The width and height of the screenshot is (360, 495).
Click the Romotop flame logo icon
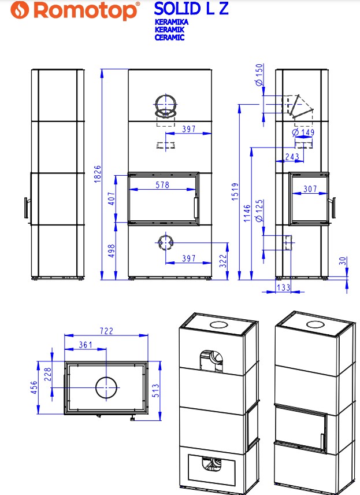click(x=20, y=10)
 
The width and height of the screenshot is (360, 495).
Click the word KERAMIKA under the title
click(x=171, y=22)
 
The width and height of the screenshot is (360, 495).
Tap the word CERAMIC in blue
click(x=169, y=37)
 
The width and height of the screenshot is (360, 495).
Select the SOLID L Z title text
click(x=191, y=9)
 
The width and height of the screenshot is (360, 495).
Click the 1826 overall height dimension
click(x=98, y=173)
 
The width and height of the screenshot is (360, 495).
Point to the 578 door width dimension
click(x=162, y=184)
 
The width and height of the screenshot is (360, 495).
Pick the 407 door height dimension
click(x=112, y=198)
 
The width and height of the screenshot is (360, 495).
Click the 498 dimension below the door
click(x=112, y=250)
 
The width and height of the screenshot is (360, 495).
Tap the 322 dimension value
click(x=223, y=261)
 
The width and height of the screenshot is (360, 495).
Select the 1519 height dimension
click(x=235, y=191)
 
